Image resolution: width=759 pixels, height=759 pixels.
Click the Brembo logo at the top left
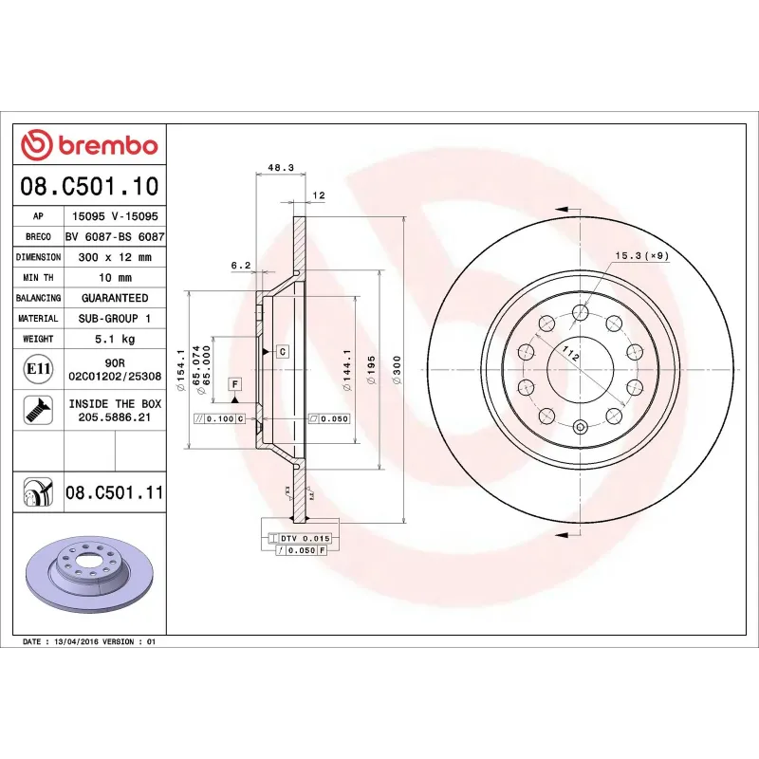(89, 145)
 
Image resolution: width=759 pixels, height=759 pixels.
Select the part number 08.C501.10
(89, 185)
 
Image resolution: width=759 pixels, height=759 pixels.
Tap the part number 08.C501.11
(115, 492)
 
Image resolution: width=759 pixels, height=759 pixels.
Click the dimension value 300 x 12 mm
(115, 257)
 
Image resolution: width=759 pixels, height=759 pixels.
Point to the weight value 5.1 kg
(115, 339)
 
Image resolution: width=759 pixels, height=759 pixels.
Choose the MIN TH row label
(39, 278)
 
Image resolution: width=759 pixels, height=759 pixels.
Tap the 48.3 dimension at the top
(281, 167)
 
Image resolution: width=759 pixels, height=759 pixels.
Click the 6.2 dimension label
(240, 266)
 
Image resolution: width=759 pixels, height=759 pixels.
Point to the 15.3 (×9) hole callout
(642, 256)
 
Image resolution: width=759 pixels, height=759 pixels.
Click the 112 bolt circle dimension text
(570, 355)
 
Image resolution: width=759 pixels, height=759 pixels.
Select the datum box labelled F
(234, 383)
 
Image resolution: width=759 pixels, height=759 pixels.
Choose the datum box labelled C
(282, 351)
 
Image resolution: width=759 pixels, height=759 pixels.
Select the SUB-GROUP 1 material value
(115, 319)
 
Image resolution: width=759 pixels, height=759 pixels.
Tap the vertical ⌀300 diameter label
(397, 366)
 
